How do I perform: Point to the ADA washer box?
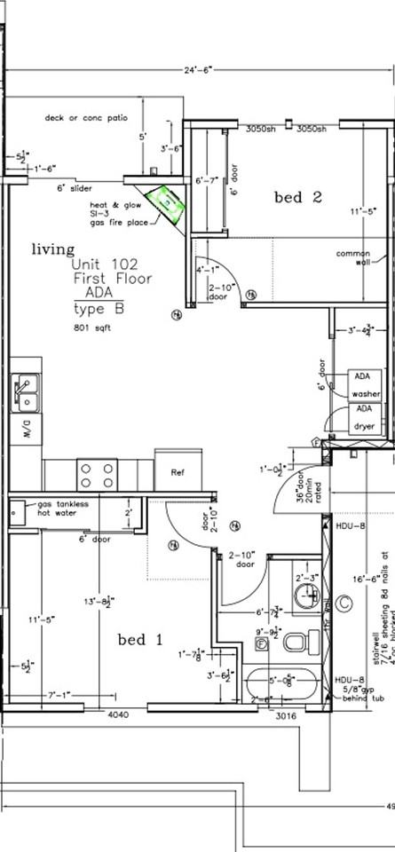click(364, 385)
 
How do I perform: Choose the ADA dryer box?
click(364, 418)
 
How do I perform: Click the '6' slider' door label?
click(75, 188)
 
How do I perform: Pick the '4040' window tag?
click(120, 714)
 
